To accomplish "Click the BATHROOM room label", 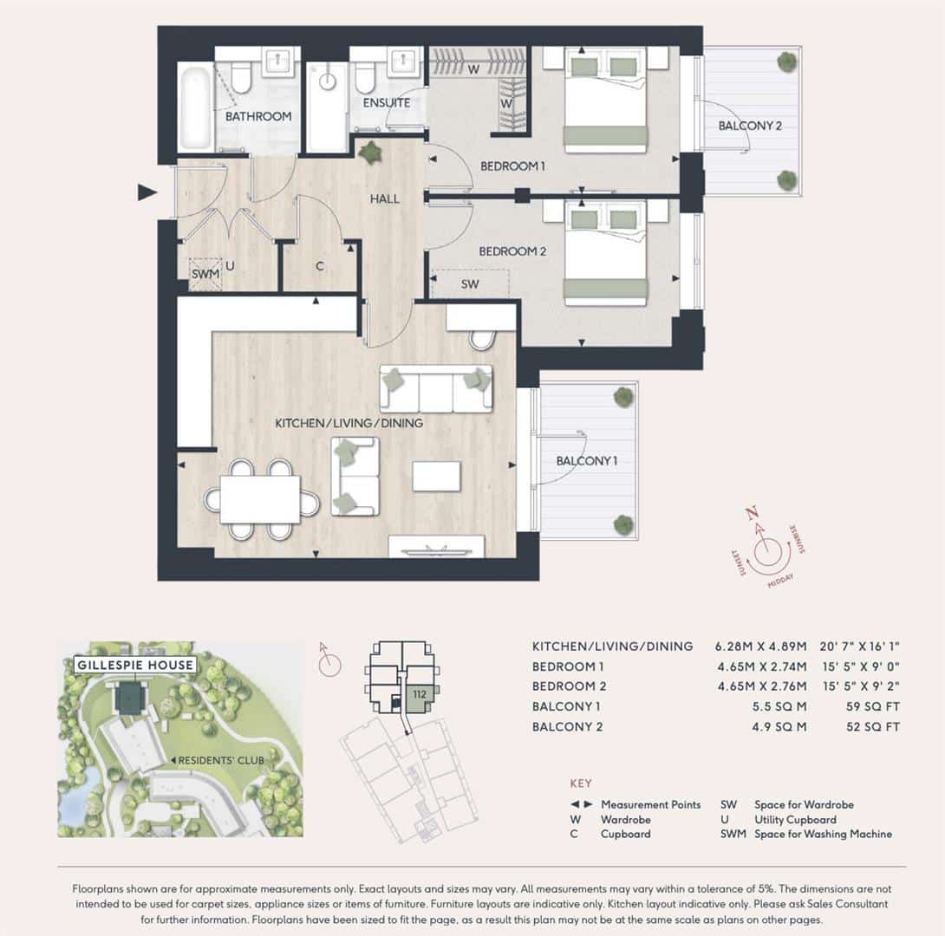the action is [x=258, y=116].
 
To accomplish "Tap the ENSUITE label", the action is [x=387, y=103].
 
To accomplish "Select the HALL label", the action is [x=385, y=198].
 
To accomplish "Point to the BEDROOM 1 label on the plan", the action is [x=512, y=166].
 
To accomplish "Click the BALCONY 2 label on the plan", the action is [x=750, y=126].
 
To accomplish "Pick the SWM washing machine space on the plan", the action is [x=205, y=274].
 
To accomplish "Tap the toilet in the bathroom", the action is [x=241, y=76].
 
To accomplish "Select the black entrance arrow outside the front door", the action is [x=147, y=192].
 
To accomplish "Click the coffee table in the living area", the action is [x=436, y=476].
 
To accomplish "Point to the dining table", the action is [x=260, y=499].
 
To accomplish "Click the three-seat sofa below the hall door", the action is [x=436, y=388].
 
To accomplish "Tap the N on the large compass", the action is [x=751, y=513].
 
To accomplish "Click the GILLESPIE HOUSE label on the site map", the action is [x=135, y=665].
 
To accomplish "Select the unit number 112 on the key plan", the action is [x=420, y=694].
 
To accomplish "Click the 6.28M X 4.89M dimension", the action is [x=760, y=647].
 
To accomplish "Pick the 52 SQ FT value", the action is [x=873, y=727].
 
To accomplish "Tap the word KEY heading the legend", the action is [x=581, y=783].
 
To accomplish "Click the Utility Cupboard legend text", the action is [x=795, y=820].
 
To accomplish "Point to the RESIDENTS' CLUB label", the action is [x=220, y=761].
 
